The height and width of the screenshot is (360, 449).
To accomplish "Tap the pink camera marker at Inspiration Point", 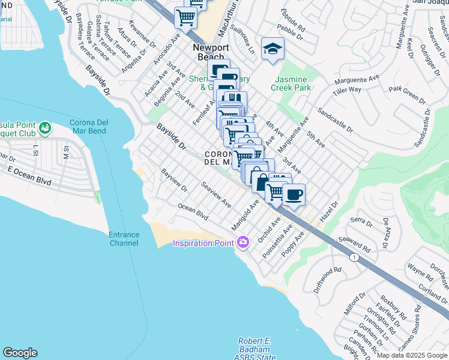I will [243, 242].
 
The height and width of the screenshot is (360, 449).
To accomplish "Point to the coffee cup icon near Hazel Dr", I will [294, 194].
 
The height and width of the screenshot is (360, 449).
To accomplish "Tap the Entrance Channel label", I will [124, 239].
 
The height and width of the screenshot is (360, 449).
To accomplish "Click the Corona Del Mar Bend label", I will [88, 127].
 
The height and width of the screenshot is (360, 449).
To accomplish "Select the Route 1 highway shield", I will [355, 257].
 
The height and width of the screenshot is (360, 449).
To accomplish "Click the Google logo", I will [20, 353].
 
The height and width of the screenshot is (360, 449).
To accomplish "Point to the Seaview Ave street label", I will [216, 195].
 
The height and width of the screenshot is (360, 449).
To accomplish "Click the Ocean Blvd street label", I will [193, 211].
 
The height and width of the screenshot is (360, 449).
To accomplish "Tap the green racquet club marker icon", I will [44, 128].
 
